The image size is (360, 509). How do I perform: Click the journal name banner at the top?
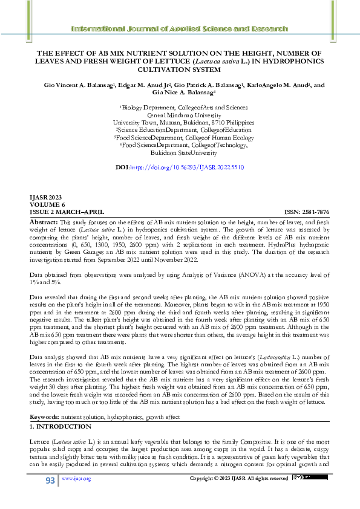pos(180,29)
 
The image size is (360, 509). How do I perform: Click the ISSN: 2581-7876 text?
pos(307,212)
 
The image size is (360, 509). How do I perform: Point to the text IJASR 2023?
pos(45,198)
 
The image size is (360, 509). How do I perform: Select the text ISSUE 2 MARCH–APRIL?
pos(67,212)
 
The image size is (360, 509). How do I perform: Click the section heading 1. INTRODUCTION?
pos(61,427)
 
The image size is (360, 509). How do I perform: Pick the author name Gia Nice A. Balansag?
pos(180,93)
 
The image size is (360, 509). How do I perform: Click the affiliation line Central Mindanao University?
pos(180,114)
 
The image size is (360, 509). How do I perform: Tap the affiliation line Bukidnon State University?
pos(180,154)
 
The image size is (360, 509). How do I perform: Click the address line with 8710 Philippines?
pos(180,122)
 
